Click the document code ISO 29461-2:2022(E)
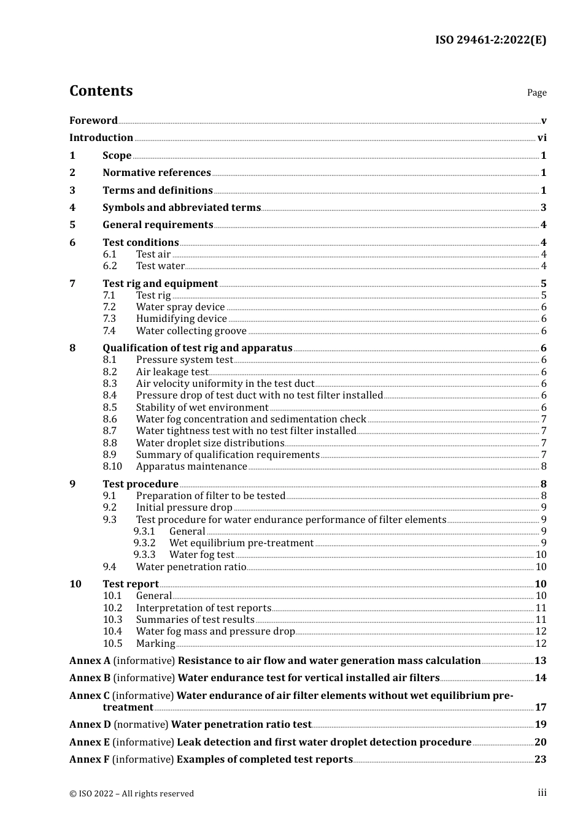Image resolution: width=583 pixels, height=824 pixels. tap(490, 40)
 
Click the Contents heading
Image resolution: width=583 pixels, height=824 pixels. tap(101, 91)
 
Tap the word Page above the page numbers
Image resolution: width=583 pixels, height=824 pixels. tap(536, 93)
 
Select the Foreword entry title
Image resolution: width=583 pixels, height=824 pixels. tap(93, 120)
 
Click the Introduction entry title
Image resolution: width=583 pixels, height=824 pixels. tap(101, 137)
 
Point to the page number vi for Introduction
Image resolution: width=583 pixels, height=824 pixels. tap(542, 137)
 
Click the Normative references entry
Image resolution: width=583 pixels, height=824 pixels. tap(156, 173)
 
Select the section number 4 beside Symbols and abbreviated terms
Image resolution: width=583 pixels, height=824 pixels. tap(72, 207)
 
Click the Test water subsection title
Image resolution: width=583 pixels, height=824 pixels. tap(160, 266)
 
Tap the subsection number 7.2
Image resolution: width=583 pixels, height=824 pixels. tap(109, 307)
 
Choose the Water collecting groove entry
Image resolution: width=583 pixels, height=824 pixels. tap(191, 331)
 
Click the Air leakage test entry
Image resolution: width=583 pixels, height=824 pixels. tap(172, 372)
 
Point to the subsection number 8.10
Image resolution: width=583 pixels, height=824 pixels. tap(112, 467)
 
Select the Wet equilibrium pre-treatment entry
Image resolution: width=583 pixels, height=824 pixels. tap(241, 543)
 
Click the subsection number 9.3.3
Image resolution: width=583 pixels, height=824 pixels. tap(144, 555)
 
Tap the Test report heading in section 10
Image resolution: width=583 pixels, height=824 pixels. tap(131, 584)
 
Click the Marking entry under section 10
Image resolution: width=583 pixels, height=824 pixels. tap(155, 644)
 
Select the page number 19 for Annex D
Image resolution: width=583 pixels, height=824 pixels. tap(540, 725)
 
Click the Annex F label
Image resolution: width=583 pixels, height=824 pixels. tap(90, 759)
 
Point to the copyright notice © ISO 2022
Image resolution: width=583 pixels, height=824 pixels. tap(131, 793)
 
